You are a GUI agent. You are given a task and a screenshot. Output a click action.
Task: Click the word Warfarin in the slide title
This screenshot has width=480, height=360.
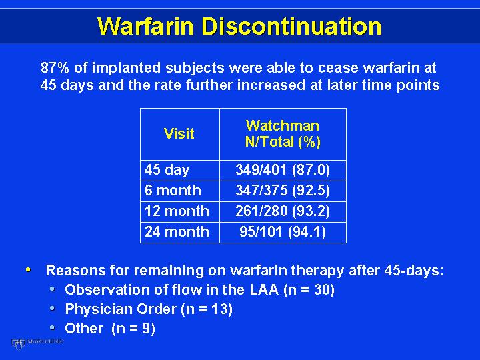pyautogui.click(x=146, y=26)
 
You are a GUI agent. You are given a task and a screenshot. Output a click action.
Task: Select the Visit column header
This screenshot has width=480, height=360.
pyautogui.click(x=179, y=133)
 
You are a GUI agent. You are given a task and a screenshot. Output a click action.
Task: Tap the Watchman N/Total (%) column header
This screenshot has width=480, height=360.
pyautogui.click(x=283, y=134)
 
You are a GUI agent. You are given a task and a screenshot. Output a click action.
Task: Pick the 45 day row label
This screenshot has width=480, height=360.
pyautogui.click(x=167, y=170)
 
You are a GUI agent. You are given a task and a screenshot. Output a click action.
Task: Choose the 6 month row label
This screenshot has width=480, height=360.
pyautogui.click(x=173, y=191)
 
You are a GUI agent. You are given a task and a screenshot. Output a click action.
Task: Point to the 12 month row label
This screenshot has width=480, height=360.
pyautogui.click(x=177, y=211)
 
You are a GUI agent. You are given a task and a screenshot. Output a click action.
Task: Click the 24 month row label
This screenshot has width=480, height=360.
pyautogui.click(x=177, y=232)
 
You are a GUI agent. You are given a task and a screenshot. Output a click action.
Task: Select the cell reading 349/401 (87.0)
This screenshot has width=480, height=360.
pyautogui.click(x=283, y=170)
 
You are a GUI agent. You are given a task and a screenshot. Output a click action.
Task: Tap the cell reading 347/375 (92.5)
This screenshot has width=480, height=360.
pyautogui.click(x=283, y=191)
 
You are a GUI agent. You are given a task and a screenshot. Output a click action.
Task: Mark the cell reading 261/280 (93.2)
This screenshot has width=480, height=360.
pyautogui.click(x=283, y=211)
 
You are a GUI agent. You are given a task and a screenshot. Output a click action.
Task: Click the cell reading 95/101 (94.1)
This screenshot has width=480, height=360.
pyautogui.click(x=283, y=232)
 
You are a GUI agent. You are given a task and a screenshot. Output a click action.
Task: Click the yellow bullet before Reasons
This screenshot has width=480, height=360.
pyautogui.click(x=28, y=270)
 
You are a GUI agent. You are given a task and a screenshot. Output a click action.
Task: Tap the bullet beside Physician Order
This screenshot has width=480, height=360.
pyautogui.click(x=53, y=308)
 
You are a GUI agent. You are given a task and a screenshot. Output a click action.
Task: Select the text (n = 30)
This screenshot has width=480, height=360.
pyautogui.click(x=309, y=289)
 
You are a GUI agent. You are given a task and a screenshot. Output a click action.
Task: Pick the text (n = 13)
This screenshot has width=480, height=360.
pyautogui.click(x=207, y=309)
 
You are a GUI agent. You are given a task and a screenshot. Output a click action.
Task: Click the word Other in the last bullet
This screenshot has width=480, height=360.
pyautogui.click(x=84, y=328)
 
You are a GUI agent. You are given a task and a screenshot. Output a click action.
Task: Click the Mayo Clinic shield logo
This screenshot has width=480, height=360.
pyautogui.click(x=18, y=344)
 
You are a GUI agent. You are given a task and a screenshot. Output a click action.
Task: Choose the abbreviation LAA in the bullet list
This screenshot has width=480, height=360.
pyautogui.click(x=264, y=289)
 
